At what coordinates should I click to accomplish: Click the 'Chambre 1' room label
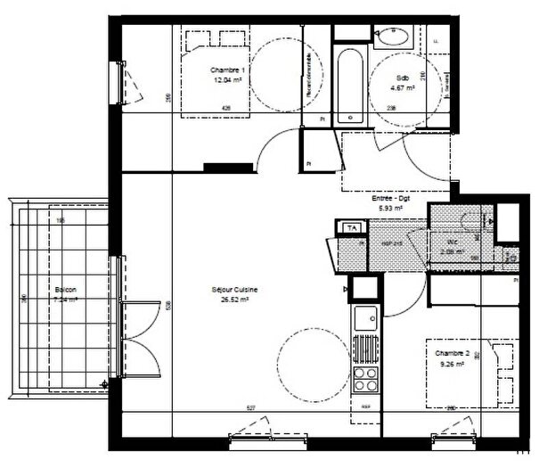click(x=227, y=70)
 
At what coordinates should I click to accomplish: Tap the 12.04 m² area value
click(x=227, y=78)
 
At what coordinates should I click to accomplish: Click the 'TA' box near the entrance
click(x=351, y=227)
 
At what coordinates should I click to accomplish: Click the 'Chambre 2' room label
click(x=452, y=353)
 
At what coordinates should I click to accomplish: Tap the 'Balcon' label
click(x=64, y=291)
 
